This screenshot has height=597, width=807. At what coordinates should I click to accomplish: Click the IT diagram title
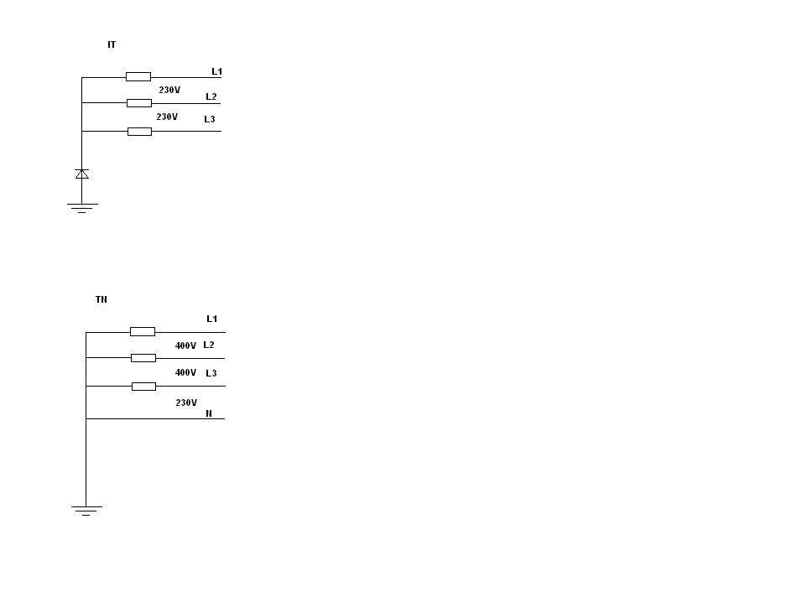click(x=112, y=44)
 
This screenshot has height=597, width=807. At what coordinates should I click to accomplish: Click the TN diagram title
click(x=102, y=299)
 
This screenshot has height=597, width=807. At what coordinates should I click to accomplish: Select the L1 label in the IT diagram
click(x=216, y=71)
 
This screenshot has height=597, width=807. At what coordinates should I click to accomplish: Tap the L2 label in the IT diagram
click(x=211, y=96)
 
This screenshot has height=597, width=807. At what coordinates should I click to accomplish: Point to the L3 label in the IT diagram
click(x=210, y=119)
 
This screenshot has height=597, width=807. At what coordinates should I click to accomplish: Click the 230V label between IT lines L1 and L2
click(x=169, y=90)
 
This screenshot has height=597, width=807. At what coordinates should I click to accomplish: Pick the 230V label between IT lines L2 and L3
click(x=167, y=117)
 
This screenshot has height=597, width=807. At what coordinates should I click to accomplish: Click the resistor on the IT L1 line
click(x=138, y=76)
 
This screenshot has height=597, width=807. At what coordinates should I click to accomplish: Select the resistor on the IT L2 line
click(x=139, y=103)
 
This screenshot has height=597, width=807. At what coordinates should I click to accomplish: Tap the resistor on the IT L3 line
click(x=139, y=132)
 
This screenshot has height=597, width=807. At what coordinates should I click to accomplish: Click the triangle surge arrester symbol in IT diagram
click(x=82, y=174)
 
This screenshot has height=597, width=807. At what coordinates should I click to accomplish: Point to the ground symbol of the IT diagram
click(x=82, y=208)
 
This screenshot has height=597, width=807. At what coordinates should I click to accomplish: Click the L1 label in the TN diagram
click(x=211, y=319)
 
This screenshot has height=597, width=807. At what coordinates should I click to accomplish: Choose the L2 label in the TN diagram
click(x=208, y=345)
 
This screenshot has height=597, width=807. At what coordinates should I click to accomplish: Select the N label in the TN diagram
click(x=209, y=413)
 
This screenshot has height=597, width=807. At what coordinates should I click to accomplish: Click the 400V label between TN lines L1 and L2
click(x=185, y=346)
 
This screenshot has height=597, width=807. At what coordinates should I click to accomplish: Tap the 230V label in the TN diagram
click(x=186, y=402)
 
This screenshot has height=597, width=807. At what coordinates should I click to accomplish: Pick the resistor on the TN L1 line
click(x=143, y=332)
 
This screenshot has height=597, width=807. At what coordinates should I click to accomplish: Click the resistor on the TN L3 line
click(x=143, y=387)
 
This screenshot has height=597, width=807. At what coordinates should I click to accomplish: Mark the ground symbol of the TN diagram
click(x=86, y=511)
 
